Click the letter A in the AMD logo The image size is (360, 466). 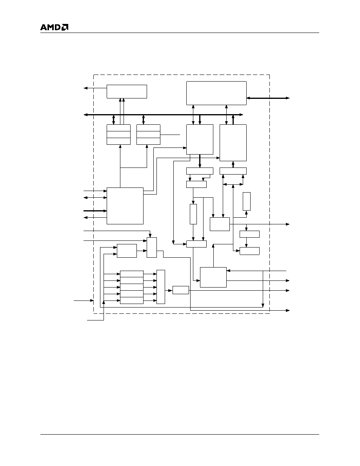(x=44, y=27)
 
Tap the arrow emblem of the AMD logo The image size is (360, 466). (x=65, y=27)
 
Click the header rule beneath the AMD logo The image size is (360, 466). (x=180, y=33)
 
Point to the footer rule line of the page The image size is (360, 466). (x=180, y=435)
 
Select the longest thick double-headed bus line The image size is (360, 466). (x=164, y=115)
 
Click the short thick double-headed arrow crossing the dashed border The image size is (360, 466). (x=268, y=98)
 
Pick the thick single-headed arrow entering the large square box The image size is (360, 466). (x=95, y=211)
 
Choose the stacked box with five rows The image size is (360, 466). (x=132, y=287)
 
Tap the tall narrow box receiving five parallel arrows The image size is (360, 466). (x=161, y=287)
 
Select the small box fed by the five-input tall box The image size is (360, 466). (x=181, y=290)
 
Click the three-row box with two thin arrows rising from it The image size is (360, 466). (x=118, y=135)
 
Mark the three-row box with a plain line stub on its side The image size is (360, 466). (x=148, y=135)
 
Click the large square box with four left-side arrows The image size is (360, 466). (x=125, y=206)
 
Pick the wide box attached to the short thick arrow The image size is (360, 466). (x=216, y=93)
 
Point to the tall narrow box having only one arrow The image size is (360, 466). (x=247, y=201)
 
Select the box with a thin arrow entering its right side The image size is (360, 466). (x=213, y=277)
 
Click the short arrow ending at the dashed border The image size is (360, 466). (x=84, y=301)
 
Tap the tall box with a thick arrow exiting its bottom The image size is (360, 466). (x=200, y=139)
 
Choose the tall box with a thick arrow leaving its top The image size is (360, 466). (x=233, y=143)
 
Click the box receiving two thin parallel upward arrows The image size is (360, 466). (x=127, y=91)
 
